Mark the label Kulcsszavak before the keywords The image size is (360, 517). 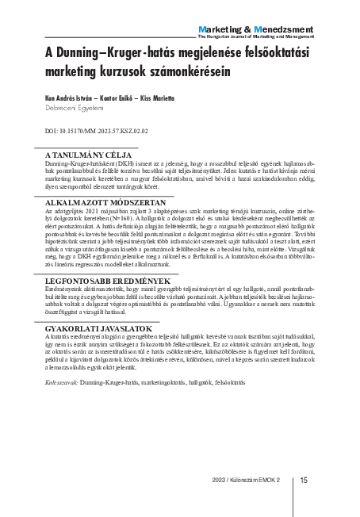(x=62, y=384)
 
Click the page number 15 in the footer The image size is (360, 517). (x=304, y=480)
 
